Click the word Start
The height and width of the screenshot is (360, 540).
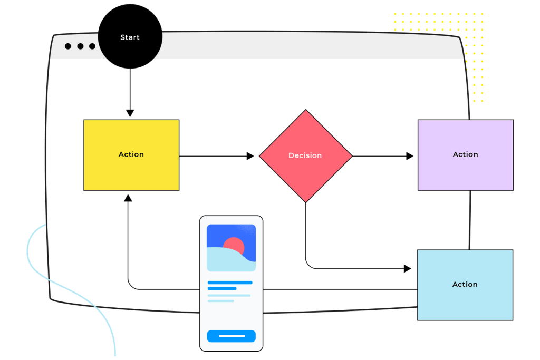click(x=130, y=37)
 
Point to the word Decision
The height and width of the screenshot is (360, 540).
click(x=305, y=155)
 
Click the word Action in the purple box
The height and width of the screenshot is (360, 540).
click(x=465, y=154)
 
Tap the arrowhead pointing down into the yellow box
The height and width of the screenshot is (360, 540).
click(x=130, y=113)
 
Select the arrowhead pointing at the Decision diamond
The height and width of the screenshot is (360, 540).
click(x=250, y=156)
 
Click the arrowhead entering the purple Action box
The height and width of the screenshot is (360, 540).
click(x=410, y=156)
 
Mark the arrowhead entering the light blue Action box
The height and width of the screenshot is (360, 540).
click(x=407, y=268)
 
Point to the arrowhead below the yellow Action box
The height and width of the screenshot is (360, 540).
click(x=128, y=198)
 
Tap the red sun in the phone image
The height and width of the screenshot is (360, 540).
click(x=234, y=246)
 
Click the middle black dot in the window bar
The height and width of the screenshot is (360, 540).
click(x=80, y=46)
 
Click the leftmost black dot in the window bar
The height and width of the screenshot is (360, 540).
click(x=68, y=46)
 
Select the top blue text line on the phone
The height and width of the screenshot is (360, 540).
click(x=230, y=283)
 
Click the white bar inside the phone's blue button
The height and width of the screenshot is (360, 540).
click(x=232, y=336)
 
